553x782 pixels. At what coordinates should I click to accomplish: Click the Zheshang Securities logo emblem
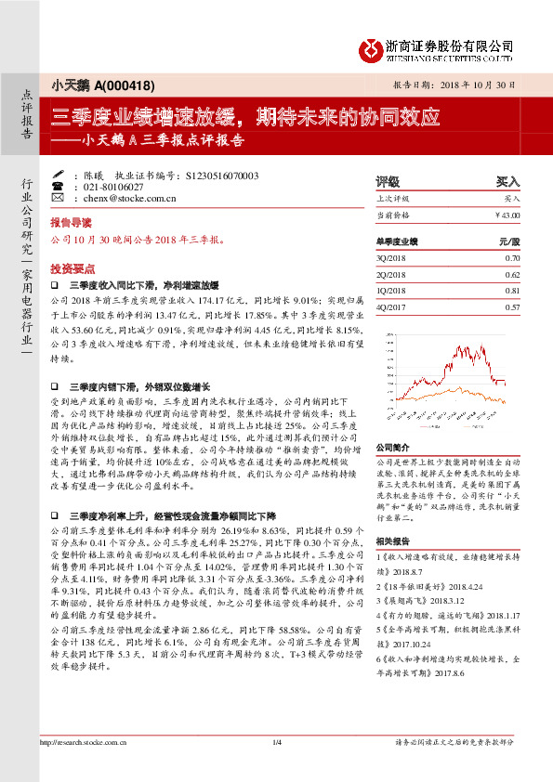click(373, 48)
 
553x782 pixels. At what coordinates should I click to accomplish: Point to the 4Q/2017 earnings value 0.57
click(512, 306)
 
